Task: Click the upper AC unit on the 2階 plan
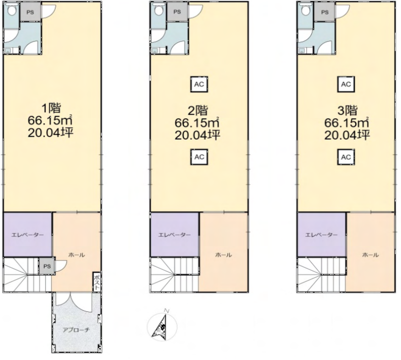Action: coord(199,84)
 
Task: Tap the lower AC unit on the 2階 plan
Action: coord(199,157)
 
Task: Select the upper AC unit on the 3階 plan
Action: coord(346,84)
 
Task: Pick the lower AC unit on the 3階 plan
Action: coord(346,157)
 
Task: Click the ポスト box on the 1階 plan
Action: coord(97,282)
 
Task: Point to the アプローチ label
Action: coord(76,330)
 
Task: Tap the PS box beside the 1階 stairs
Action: coord(47,266)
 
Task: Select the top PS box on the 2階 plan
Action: coord(177,12)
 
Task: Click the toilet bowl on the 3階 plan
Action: coord(305,10)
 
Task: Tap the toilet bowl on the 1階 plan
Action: coord(12,10)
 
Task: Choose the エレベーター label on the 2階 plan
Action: coord(174,235)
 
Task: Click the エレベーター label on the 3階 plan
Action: coord(321,235)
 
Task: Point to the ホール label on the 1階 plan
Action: coord(77,255)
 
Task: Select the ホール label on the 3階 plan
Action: coord(370,255)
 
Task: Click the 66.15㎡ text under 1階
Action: coord(51,120)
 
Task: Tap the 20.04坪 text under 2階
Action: coord(197,135)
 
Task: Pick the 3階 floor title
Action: coord(347,111)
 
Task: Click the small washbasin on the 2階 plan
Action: coord(154,51)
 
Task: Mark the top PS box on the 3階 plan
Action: coord(324,12)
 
